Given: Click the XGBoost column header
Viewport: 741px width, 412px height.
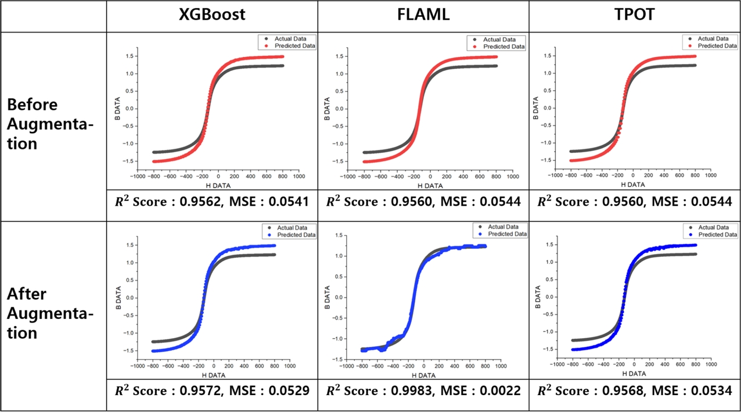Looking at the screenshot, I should (212, 15).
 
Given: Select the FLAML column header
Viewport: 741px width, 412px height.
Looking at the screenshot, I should (423, 15).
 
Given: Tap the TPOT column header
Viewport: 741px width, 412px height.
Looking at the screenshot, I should (634, 15).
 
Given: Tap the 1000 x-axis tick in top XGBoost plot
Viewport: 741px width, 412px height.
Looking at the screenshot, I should (298, 176).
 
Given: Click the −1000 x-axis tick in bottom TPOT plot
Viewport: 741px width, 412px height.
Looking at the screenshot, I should (556, 366).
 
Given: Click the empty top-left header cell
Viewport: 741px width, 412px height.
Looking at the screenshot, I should (53, 16).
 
